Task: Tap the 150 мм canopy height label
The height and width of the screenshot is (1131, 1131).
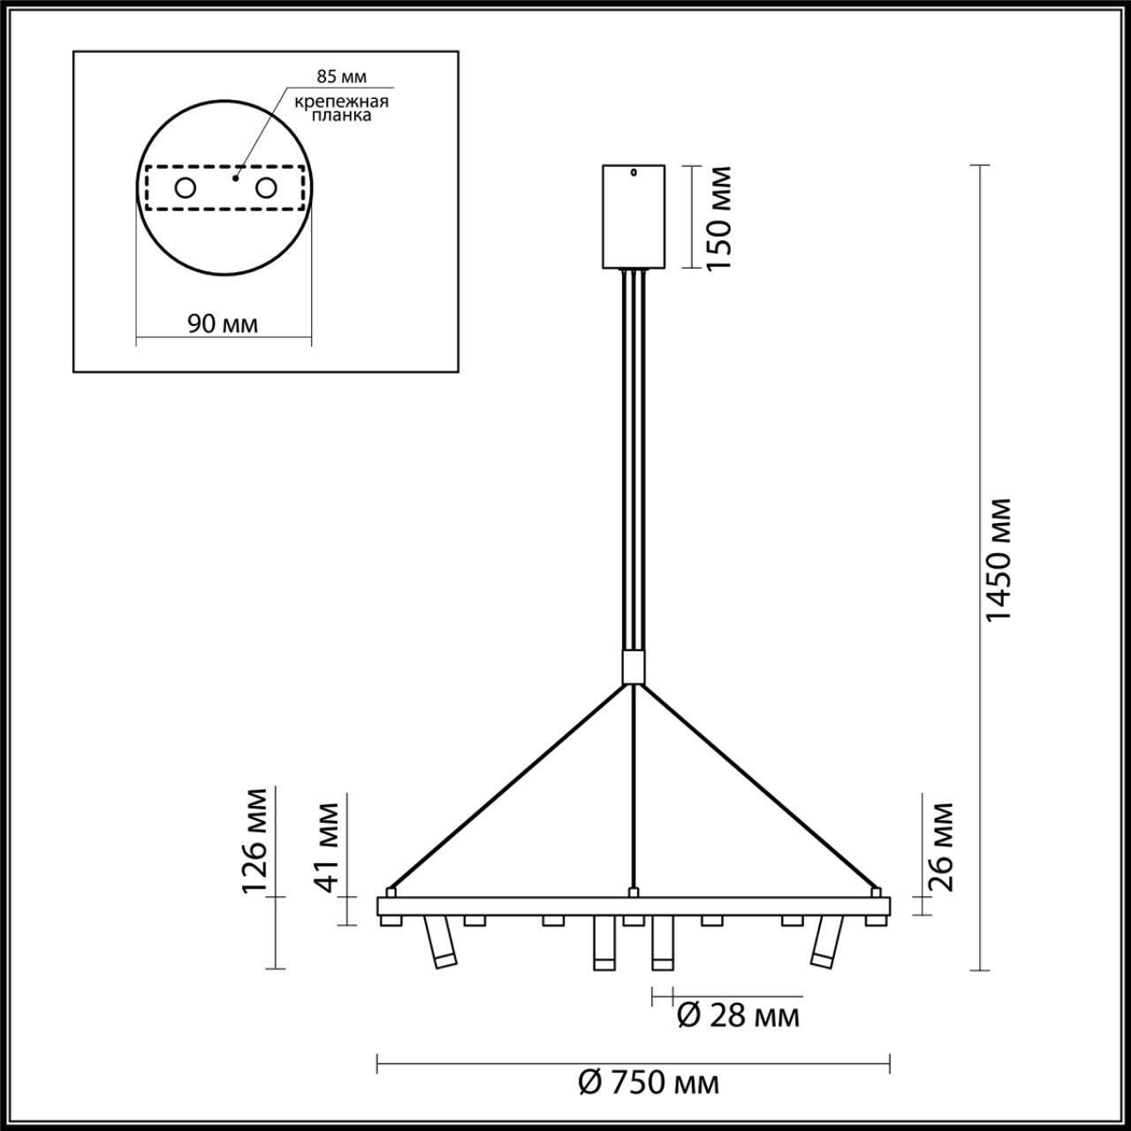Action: tap(717, 217)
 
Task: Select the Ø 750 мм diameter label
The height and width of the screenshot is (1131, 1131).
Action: tap(649, 1082)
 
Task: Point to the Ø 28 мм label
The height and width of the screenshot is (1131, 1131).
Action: tap(738, 1016)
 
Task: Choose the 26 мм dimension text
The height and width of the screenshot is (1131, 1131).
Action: tap(942, 846)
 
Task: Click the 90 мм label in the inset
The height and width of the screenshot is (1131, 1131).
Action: tap(223, 323)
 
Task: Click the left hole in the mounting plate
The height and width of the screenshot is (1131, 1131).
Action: tap(186, 187)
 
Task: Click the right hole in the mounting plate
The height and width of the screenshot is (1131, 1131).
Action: tap(265, 187)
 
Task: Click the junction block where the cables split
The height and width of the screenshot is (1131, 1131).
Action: tap(633, 665)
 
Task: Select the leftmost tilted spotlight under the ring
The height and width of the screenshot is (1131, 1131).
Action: tap(438, 943)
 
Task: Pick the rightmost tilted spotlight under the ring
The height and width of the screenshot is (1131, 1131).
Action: tap(824, 943)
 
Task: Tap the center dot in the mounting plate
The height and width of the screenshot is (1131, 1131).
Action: tap(234, 178)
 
